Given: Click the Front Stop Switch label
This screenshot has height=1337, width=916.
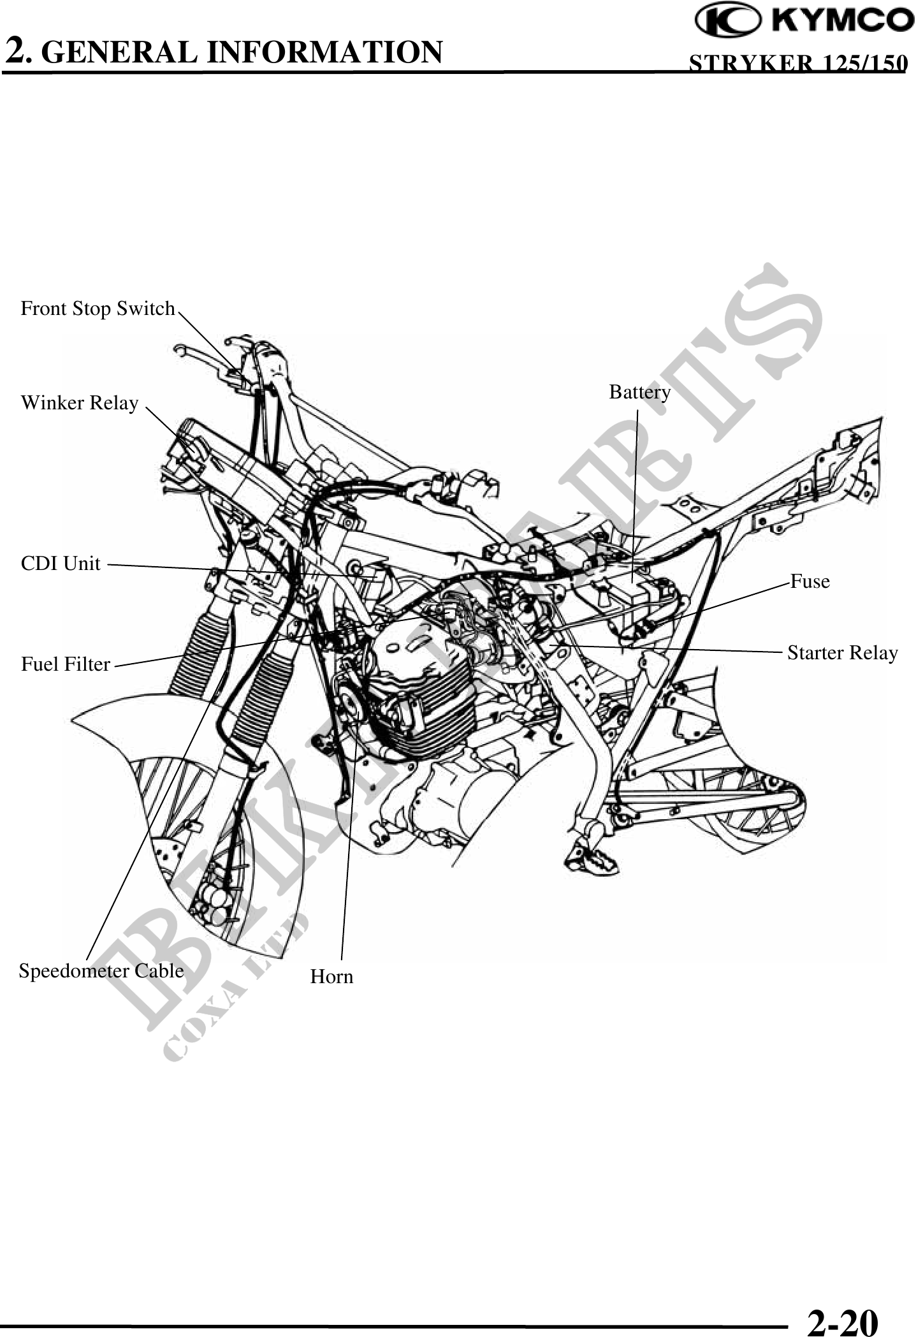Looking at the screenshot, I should coord(98,309).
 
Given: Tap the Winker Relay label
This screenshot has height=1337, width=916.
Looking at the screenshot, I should coord(80,403).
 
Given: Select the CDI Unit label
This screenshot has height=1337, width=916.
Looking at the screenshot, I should coord(61,564).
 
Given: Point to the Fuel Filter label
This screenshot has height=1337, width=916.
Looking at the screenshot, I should coord(66,664).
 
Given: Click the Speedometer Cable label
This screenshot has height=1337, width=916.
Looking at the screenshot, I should coord(101,971).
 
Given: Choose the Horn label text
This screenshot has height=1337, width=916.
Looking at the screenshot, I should coord(331,977).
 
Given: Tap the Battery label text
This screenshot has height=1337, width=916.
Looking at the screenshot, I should coord(639,391).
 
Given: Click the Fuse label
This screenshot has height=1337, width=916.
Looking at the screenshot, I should coord(810,581).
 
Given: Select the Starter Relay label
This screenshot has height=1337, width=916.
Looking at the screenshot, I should coord(842,653).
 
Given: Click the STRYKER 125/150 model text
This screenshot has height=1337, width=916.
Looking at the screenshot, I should coord(797,63).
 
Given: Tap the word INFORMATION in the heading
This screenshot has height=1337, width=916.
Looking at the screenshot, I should coord(325,52).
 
